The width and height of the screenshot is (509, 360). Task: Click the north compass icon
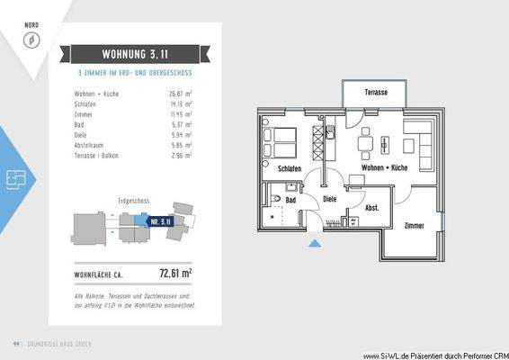pyautogui.click(x=30, y=40)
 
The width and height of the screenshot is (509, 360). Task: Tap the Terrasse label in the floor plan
pyautogui.click(x=376, y=94)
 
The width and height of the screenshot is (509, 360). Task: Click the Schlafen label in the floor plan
pyautogui.click(x=289, y=168)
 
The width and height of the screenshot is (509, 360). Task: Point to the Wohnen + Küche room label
pyautogui.click(x=385, y=168)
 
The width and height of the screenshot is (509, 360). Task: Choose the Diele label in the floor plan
pyautogui.click(x=329, y=200)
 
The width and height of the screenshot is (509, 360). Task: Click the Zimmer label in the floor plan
pyautogui.click(x=414, y=225)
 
